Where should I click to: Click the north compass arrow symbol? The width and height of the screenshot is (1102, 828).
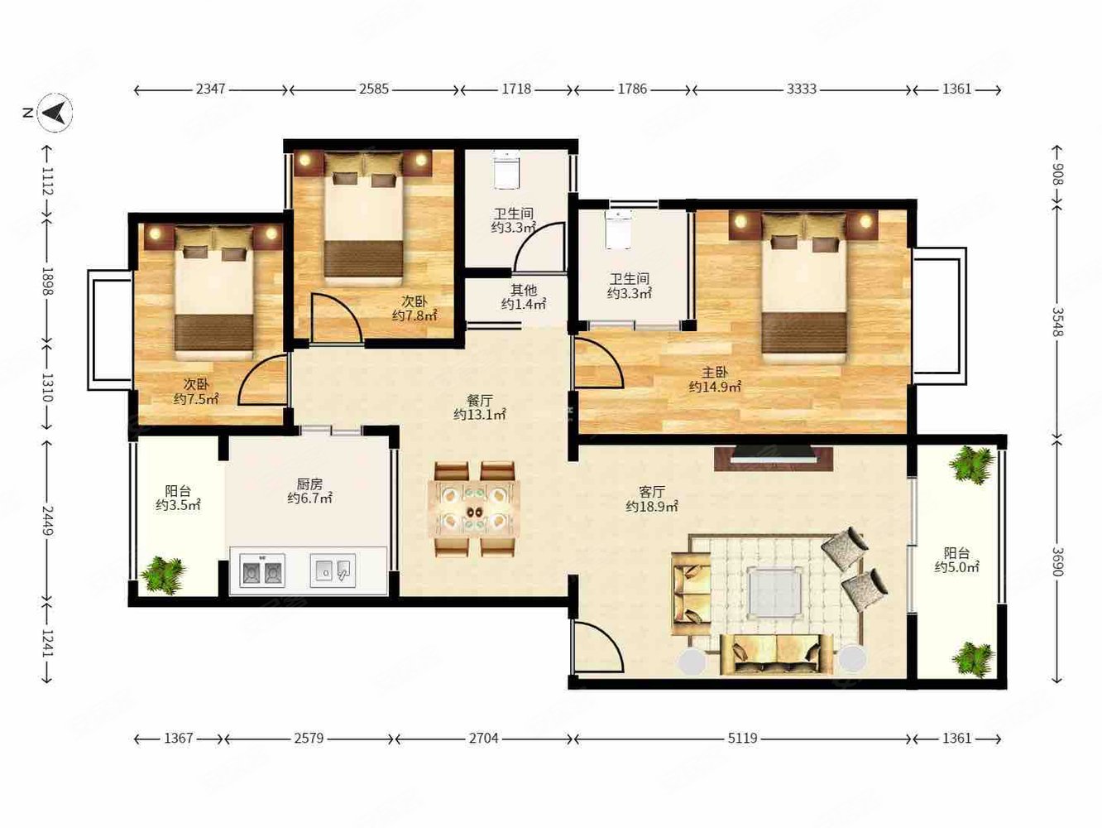click(x=55, y=113)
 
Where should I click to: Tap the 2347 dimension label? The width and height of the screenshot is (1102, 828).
click(x=210, y=89)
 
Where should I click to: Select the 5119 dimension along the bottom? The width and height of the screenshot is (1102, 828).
click(x=742, y=739)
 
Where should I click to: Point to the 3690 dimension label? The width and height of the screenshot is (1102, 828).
click(x=1056, y=561)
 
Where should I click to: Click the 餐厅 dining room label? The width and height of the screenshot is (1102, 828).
click(x=480, y=401)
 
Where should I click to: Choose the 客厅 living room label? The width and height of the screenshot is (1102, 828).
click(x=652, y=491)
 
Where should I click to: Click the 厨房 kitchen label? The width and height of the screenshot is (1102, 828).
click(x=309, y=484)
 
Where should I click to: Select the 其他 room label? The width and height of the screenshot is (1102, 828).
click(x=524, y=290)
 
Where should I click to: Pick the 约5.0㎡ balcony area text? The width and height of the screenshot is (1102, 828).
click(x=957, y=567)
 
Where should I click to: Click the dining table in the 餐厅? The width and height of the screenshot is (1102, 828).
click(x=474, y=508)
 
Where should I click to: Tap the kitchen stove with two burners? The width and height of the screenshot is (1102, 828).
click(x=262, y=570)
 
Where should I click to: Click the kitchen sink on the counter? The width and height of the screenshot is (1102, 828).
click(x=333, y=570)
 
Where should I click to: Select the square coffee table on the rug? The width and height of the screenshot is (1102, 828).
click(x=775, y=592)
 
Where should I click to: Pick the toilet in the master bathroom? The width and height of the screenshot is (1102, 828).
click(x=617, y=229)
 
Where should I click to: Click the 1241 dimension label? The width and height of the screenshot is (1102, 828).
click(x=48, y=643)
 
